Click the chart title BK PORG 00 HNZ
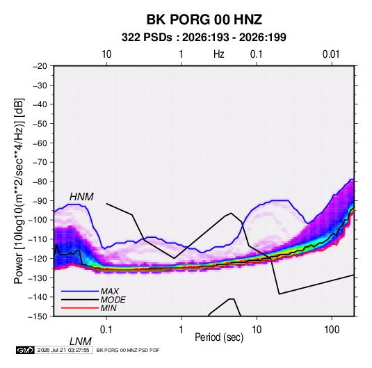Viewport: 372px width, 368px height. click(204, 19)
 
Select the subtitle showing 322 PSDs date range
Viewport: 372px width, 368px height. click(204, 38)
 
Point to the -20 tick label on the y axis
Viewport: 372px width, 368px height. click(40, 66)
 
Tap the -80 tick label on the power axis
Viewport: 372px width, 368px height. click(40, 182)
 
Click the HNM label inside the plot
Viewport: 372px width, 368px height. click(81, 197)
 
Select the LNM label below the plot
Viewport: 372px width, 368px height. click(81, 342)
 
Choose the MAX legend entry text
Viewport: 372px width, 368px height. click(109, 291)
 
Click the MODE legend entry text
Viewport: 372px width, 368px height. click(113, 300)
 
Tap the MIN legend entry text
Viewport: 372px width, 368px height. click(108, 308)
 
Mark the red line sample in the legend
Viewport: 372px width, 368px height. click(80, 308)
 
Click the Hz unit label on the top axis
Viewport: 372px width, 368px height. click(219, 54)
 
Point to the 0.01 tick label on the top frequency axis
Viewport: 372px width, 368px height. click(331, 54)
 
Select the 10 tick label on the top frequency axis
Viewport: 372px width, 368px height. click(106, 54)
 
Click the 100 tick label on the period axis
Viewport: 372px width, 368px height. click(332, 330)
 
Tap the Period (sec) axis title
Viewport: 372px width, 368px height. click(219, 337)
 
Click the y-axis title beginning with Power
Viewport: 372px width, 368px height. click(19, 191)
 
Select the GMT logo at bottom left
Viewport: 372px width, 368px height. click(26, 350)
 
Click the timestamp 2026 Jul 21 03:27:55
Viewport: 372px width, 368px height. click(63, 350)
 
